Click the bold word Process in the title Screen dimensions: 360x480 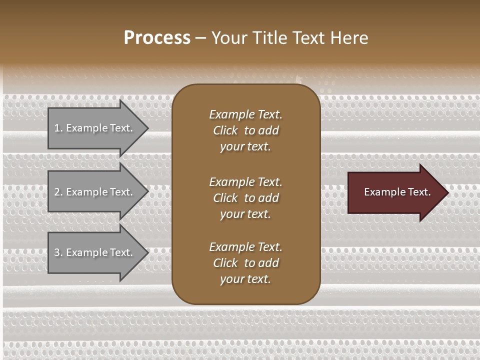coord(157,37)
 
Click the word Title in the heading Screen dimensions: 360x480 coord(270,37)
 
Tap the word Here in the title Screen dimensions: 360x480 coord(349,37)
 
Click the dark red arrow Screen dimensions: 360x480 coord(395,192)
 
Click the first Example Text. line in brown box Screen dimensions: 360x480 coord(245,114)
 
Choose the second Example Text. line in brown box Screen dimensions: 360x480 coord(245,182)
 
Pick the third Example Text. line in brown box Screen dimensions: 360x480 coord(245,247)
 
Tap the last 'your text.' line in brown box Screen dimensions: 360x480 coord(245,279)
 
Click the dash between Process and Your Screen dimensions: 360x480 coord(200,38)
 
